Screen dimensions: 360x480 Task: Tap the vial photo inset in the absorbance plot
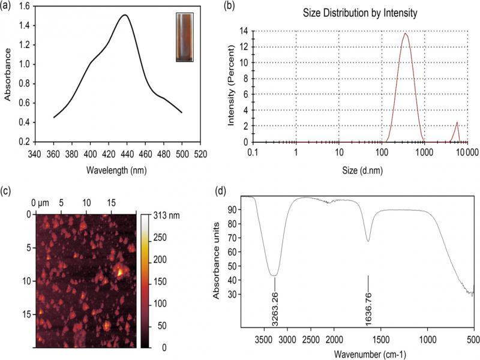(x=185, y=37)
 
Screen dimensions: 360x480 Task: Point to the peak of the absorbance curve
(x=125, y=15)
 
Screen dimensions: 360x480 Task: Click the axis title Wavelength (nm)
(x=117, y=169)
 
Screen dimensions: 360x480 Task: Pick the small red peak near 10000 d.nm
(x=457, y=123)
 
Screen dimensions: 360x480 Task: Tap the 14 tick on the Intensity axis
(x=245, y=30)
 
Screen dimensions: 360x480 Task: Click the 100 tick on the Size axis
(x=382, y=152)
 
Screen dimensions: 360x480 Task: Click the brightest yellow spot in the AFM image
(x=120, y=273)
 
